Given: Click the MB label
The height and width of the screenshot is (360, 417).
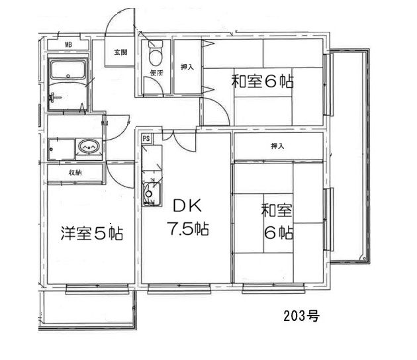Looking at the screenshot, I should (x=68, y=46).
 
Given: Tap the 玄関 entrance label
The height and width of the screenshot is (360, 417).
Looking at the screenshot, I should (x=120, y=52).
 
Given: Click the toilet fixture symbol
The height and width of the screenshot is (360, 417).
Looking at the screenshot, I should (x=156, y=52).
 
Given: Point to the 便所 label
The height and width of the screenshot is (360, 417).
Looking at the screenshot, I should (x=156, y=73).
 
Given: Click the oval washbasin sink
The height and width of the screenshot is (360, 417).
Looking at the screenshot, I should (x=87, y=146).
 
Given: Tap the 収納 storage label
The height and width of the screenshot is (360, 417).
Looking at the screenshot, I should (x=74, y=173).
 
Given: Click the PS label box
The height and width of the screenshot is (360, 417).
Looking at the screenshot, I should (x=146, y=138).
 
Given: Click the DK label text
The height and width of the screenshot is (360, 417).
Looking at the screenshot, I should (x=187, y=204).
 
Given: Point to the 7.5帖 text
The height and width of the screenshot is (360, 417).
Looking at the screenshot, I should (x=187, y=230).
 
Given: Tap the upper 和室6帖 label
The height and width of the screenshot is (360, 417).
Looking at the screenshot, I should (x=262, y=82).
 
